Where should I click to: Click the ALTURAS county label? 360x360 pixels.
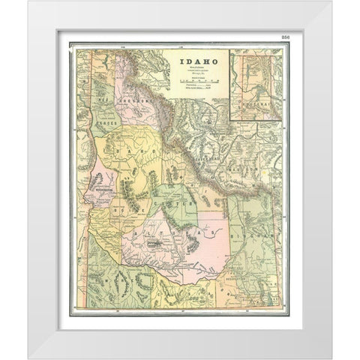coord(157,236)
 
